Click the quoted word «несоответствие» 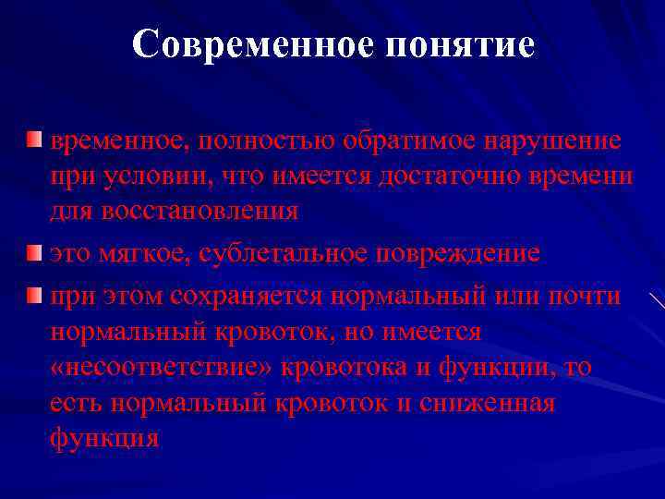click(x=161, y=368)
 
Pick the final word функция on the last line click(x=104, y=437)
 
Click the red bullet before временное click(x=34, y=141)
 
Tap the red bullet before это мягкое click(x=34, y=251)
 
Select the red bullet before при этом click(x=34, y=295)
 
